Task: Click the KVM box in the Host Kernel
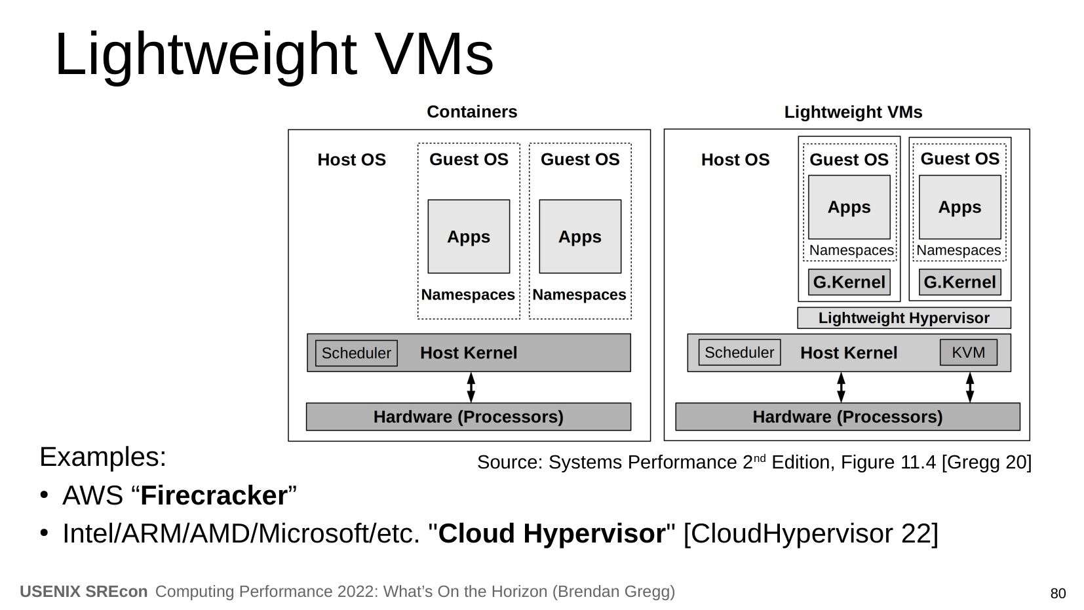tap(968, 353)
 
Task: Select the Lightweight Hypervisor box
tap(904, 318)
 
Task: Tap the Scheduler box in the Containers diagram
tap(356, 353)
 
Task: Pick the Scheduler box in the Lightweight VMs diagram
tap(739, 353)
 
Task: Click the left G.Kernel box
tap(849, 282)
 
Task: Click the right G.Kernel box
tap(959, 282)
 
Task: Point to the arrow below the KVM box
tap(970, 387)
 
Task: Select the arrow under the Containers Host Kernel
tap(471, 387)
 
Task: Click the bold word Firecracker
tap(214, 496)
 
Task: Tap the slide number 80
tap(1058, 594)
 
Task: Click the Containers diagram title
tap(472, 112)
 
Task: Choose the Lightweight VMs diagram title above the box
tap(853, 113)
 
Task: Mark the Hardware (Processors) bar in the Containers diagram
tap(468, 417)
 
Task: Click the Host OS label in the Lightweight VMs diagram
tap(735, 160)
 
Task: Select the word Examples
tap(103, 457)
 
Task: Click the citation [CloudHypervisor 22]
tap(811, 534)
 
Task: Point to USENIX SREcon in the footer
tap(84, 592)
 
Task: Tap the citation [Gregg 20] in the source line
tap(986, 463)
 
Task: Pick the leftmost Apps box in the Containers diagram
tap(469, 237)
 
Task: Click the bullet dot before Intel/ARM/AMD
tap(45, 532)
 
